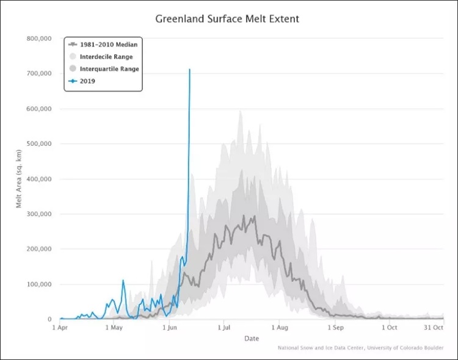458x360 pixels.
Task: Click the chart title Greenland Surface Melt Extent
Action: (227, 19)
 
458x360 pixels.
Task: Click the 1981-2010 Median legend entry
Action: (105, 45)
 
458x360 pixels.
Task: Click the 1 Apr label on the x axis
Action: (60, 328)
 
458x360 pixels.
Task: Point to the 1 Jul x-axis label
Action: (224, 328)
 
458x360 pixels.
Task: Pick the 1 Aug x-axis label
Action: (279, 328)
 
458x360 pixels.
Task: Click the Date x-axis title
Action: (251, 338)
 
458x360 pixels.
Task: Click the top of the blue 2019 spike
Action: (189, 69)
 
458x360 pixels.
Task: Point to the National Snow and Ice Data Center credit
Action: (360, 348)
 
